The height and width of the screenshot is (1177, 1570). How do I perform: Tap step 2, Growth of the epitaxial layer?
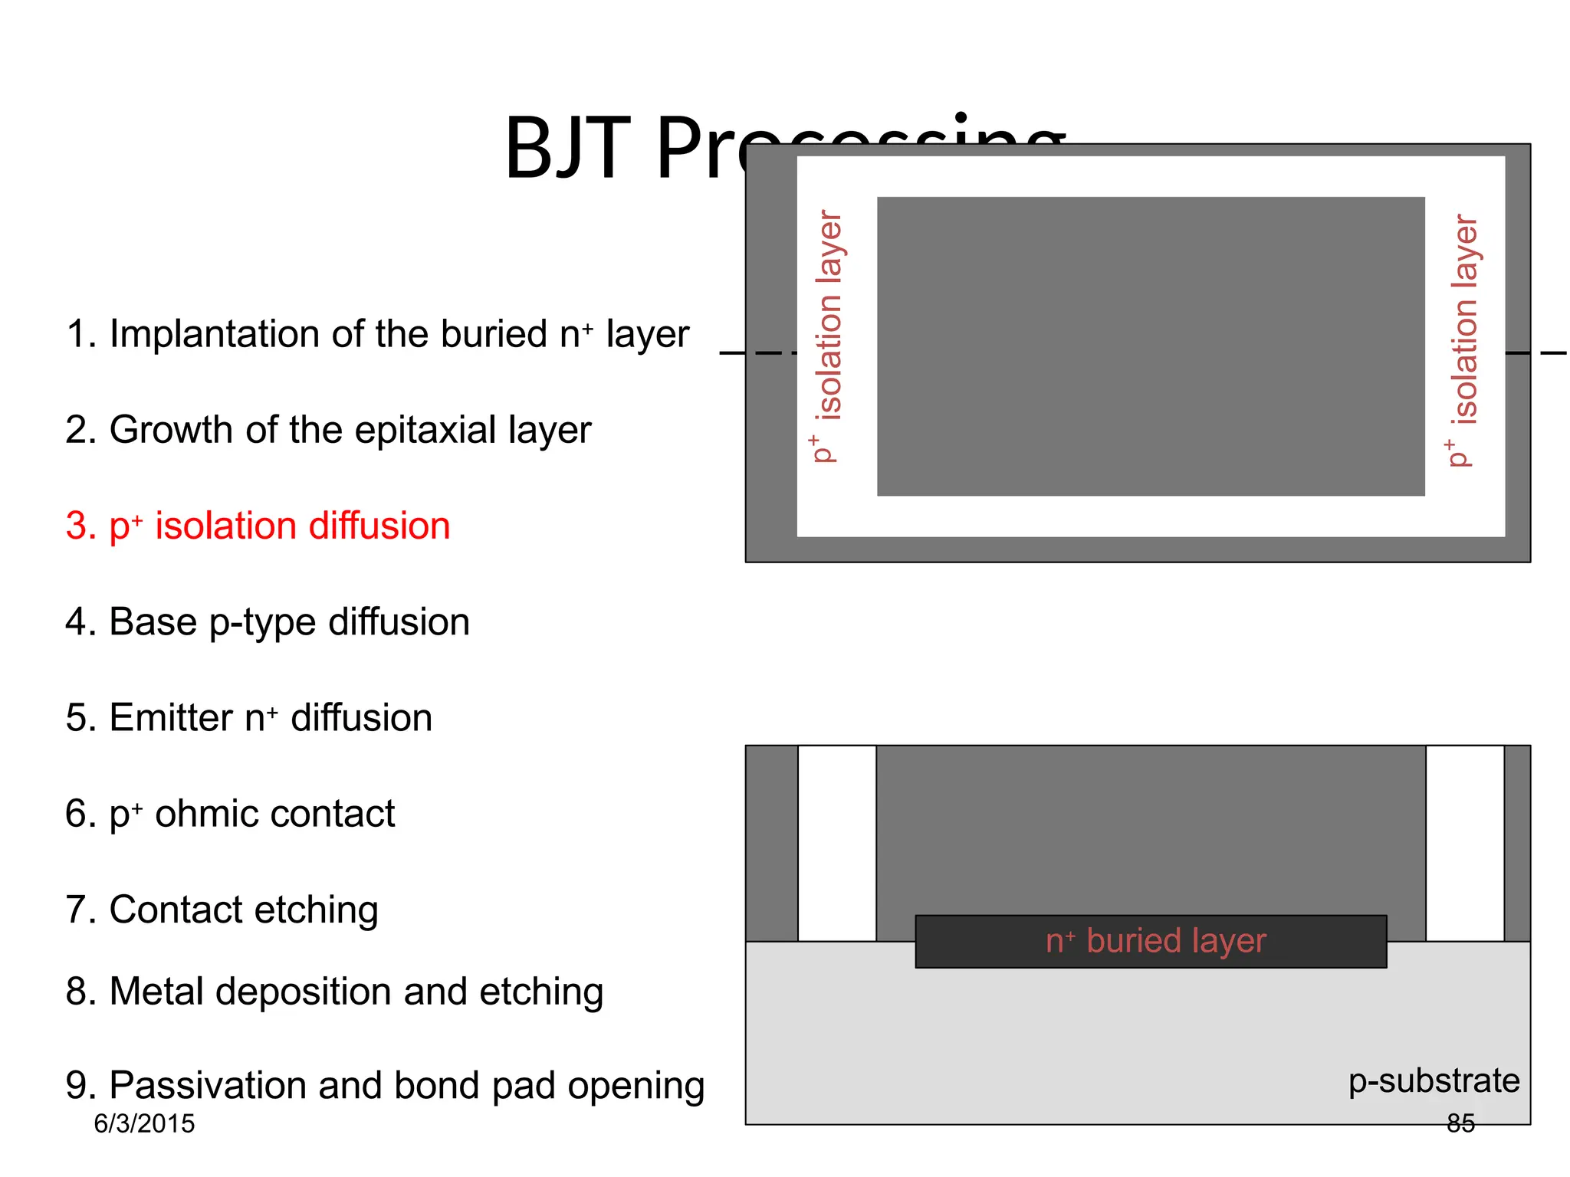(328, 430)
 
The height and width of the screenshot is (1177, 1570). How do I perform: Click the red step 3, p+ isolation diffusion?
(258, 526)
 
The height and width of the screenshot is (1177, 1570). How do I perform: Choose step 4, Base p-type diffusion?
(267, 621)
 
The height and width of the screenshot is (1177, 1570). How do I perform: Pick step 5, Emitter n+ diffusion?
(248, 718)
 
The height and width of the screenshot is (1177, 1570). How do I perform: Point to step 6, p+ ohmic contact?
(230, 814)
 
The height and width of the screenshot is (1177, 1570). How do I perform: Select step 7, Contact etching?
(222, 910)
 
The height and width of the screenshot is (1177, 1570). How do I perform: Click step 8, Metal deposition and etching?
(334, 992)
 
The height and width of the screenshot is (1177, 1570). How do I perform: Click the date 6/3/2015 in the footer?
(144, 1124)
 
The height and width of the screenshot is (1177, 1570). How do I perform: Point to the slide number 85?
(1460, 1123)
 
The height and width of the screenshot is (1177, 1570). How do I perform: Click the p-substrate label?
(1434, 1080)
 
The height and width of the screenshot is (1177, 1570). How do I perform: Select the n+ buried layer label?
(1155, 941)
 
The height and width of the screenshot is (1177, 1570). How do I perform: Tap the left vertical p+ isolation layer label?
(827, 337)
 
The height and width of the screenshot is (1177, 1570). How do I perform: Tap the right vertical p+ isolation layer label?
(1463, 341)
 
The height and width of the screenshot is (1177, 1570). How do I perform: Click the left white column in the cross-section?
(836, 843)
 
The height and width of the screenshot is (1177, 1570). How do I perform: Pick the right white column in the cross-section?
(1464, 843)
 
